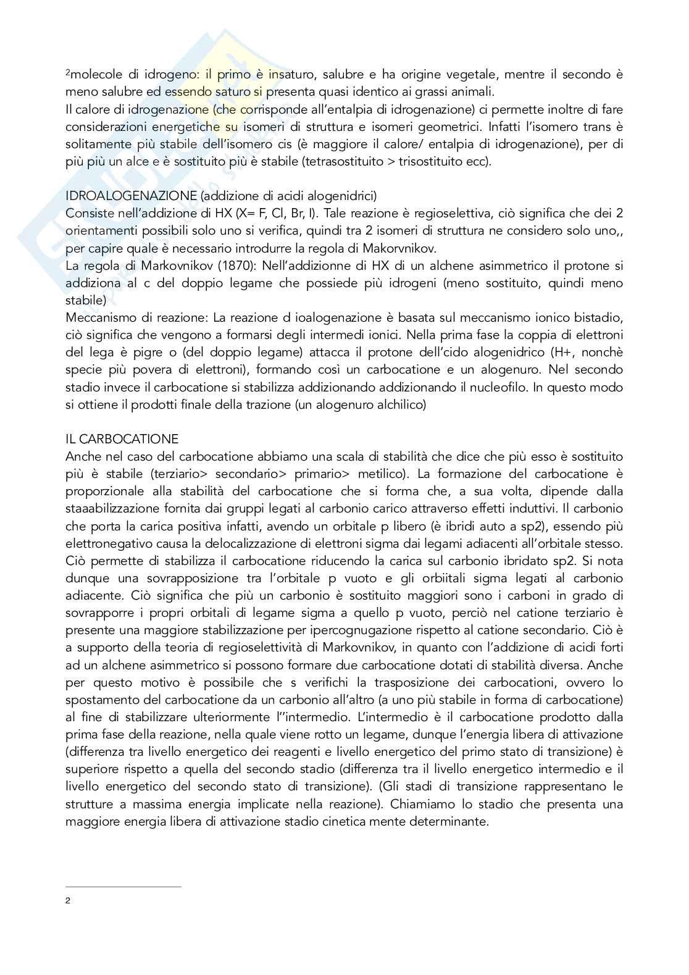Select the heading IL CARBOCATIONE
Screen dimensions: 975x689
coord(122,439)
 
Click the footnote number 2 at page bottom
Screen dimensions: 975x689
coord(68,900)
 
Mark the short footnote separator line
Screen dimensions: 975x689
coord(123,887)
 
